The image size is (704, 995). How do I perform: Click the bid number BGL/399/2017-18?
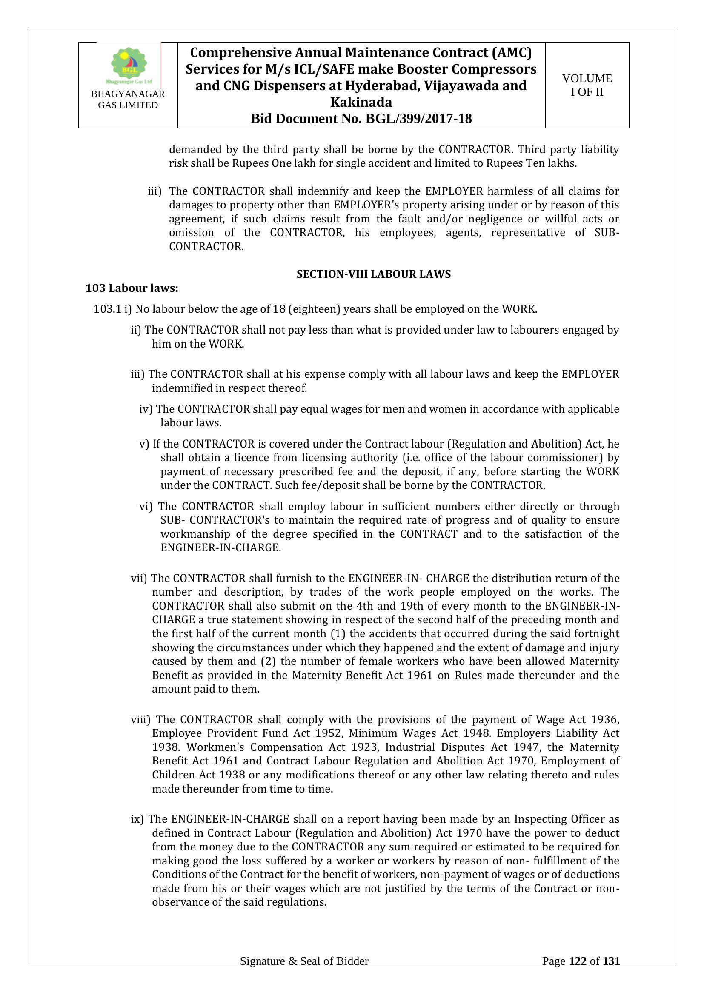pos(419,118)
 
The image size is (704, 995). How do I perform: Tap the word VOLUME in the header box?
pos(587,78)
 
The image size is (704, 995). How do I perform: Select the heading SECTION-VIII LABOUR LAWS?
pos(373,274)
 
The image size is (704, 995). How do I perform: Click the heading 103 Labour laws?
pos(132,288)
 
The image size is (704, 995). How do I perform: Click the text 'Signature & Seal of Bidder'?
pos(304,973)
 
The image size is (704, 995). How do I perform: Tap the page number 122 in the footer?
pos(578,973)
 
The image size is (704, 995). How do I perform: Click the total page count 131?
pos(611,973)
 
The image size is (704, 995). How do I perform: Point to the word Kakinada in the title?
pos(361,102)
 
